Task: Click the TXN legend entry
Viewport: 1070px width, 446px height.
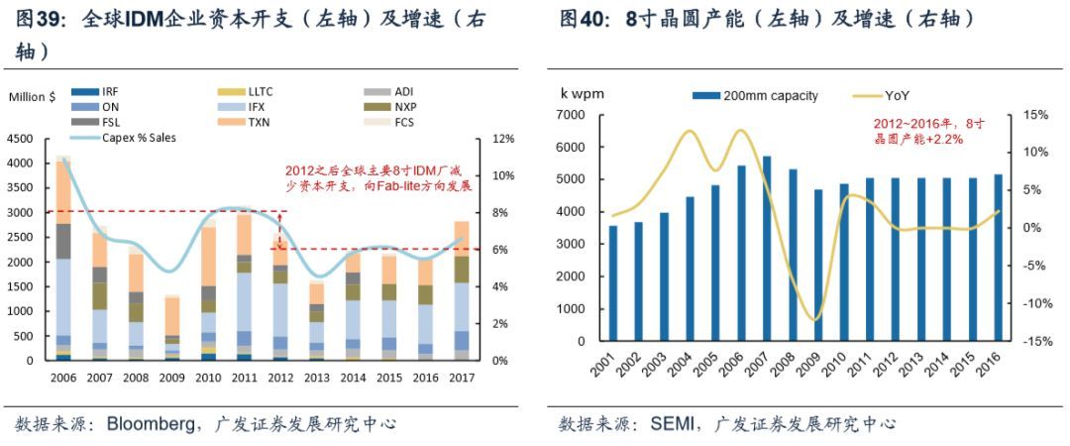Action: point(261,122)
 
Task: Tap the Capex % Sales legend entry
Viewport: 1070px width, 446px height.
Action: point(138,138)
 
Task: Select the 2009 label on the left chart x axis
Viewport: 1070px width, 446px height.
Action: point(172,378)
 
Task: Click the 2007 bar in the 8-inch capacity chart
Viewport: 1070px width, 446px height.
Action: point(766,248)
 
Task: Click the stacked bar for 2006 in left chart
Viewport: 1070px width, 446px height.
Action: point(62,258)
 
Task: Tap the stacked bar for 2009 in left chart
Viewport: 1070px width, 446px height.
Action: point(172,327)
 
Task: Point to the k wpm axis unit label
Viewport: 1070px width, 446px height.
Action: point(582,95)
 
